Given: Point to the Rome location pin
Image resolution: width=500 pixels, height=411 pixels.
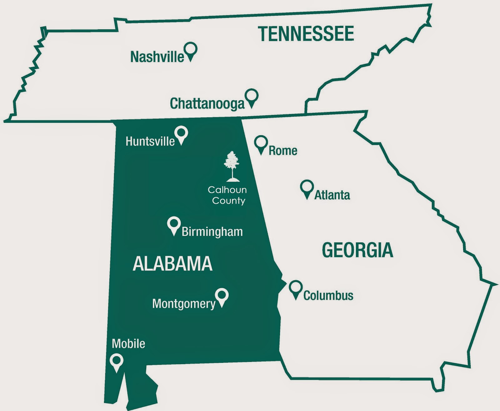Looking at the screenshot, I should click(x=261, y=144).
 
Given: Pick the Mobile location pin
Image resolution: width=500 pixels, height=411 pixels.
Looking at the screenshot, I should click(x=117, y=362).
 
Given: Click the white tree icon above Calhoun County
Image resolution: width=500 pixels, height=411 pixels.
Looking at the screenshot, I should click(x=232, y=166).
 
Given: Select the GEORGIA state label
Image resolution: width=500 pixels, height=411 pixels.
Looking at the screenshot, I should click(x=357, y=250).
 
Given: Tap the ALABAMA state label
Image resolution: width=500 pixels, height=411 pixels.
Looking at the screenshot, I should click(x=172, y=264).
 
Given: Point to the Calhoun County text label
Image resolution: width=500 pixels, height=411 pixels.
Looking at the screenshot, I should click(x=228, y=195).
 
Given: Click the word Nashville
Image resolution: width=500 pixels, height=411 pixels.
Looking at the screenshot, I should click(x=157, y=57).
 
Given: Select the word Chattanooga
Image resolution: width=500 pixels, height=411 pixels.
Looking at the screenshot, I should click(x=207, y=103).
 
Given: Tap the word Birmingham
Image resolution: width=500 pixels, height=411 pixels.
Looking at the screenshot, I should click(x=212, y=232).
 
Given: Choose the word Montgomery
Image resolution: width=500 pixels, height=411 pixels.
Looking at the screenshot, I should click(x=184, y=304).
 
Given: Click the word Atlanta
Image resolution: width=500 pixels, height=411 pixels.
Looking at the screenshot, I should click(x=332, y=195).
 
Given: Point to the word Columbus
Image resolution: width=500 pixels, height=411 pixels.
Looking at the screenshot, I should click(x=328, y=296).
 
